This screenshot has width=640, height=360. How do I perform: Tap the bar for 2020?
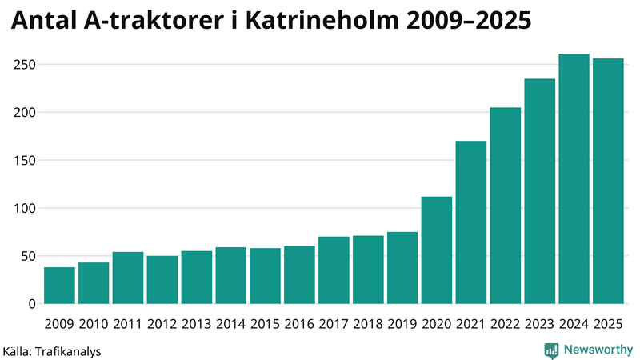(x=437, y=250)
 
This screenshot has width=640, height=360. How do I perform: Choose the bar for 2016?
(x=299, y=275)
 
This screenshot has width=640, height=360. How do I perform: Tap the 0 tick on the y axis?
(x=32, y=304)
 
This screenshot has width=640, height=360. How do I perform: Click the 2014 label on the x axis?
(x=230, y=324)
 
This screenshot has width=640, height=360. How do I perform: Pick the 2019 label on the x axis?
(x=402, y=324)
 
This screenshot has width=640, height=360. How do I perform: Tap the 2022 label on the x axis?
(x=505, y=324)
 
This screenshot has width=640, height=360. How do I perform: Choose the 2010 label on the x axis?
(x=94, y=324)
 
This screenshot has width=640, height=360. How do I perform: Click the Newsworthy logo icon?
(x=551, y=350)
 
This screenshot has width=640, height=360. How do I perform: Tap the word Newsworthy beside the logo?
(x=598, y=350)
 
